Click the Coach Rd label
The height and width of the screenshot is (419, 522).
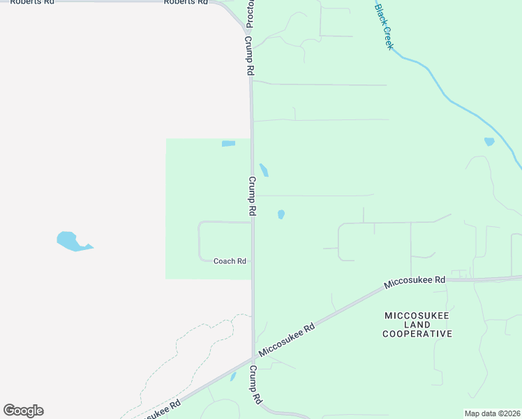point(230,261)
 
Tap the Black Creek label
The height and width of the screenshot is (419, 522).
point(385,27)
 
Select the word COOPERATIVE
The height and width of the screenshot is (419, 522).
point(417,335)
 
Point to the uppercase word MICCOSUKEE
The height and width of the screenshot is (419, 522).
point(417,316)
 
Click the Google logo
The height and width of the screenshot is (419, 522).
point(23,411)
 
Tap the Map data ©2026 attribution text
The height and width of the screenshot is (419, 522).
point(492,413)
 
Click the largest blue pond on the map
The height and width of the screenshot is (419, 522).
point(70,241)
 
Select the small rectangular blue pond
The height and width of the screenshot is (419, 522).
point(228,144)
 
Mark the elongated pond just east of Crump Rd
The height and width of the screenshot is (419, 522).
point(264,170)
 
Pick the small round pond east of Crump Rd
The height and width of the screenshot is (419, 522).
point(281,214)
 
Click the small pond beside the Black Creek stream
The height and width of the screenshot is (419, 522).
point(489,142)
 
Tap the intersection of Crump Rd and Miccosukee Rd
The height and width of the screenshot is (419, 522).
point(253,360)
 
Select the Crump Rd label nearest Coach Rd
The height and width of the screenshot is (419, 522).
point(253,195)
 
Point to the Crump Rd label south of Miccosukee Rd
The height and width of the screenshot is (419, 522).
point(255,385)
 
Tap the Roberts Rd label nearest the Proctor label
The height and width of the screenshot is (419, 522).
point(186,2)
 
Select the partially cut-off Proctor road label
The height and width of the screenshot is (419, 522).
point(249,14)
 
